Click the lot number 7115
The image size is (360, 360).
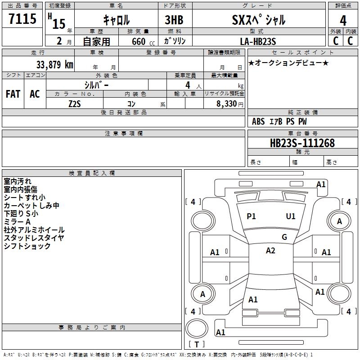click(x=22, y=18)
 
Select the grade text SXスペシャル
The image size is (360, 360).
click(x=259, y=20)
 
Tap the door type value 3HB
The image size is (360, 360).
click(x=174, y=20)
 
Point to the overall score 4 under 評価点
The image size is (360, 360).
click(x=343, y=20)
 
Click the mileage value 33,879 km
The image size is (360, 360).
click(x=54, y=64)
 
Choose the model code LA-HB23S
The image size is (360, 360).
click(x=258, y=41)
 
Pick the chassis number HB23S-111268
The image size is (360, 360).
click(x=302, y=143)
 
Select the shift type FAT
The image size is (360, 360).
click(x=13, y=94)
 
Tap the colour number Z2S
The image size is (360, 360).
click(x=75, y=104)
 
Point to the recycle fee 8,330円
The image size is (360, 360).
click(x=230, y=104)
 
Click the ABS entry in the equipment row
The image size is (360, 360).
click(x=258, y=121)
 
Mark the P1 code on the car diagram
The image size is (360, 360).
click(x=251, y=216)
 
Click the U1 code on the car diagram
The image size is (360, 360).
click(x=291, y=216)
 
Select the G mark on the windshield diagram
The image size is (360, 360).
click(x=284, y=237)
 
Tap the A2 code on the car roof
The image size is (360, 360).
click(x=270, y=251)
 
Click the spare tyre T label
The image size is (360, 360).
click(x=197, y=344)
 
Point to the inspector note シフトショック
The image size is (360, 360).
click(x=27, y=246)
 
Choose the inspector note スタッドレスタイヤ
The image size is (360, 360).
click(x=34, y=238)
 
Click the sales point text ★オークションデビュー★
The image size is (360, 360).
click(x=288, y=63)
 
